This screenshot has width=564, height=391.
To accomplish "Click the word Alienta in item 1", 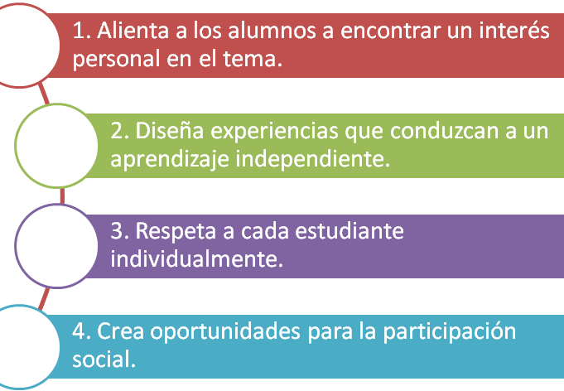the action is (133, 30).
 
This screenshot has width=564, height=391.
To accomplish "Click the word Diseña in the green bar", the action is (170, 130).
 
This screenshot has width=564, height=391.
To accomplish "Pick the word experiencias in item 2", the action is (274, 132).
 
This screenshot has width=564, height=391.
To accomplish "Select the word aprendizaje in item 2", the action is (170, 160).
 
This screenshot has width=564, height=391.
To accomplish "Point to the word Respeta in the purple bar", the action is (176, 232).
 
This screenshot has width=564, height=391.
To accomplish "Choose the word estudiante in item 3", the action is (349, 230).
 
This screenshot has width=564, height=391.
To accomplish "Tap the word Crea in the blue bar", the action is (120, 331).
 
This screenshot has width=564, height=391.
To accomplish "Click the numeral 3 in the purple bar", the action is (117, 230).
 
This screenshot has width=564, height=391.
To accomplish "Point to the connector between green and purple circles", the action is (62, 196).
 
